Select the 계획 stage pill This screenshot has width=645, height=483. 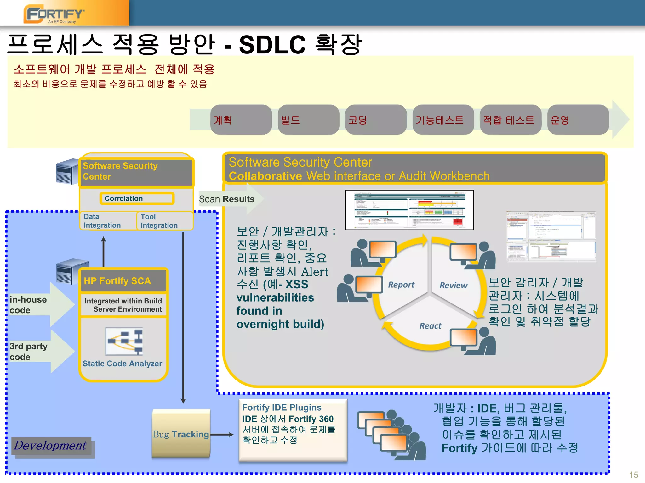pos(241,120)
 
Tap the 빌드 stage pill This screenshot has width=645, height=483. pos(308,120)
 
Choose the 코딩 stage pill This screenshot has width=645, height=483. pos(376,120)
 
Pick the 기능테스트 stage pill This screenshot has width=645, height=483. pos(443,120)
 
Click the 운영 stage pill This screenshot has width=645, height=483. pos(578,120)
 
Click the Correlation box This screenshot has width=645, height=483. pos(137,198)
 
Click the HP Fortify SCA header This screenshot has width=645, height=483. pos(123,281)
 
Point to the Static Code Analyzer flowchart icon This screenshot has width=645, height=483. pos(124,341)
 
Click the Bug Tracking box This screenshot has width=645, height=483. pos(181,434)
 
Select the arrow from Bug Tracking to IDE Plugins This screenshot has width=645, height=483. pos(222,435)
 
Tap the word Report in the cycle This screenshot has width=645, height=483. pos(401,285)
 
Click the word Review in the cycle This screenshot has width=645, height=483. pos(453,285)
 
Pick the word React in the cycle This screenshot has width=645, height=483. pos(430,326)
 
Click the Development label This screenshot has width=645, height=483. pos(50,446)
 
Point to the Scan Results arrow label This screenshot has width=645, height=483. pos(227,199)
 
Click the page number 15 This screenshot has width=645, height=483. pos(633,475)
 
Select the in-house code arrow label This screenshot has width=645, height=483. pos(28,305)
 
